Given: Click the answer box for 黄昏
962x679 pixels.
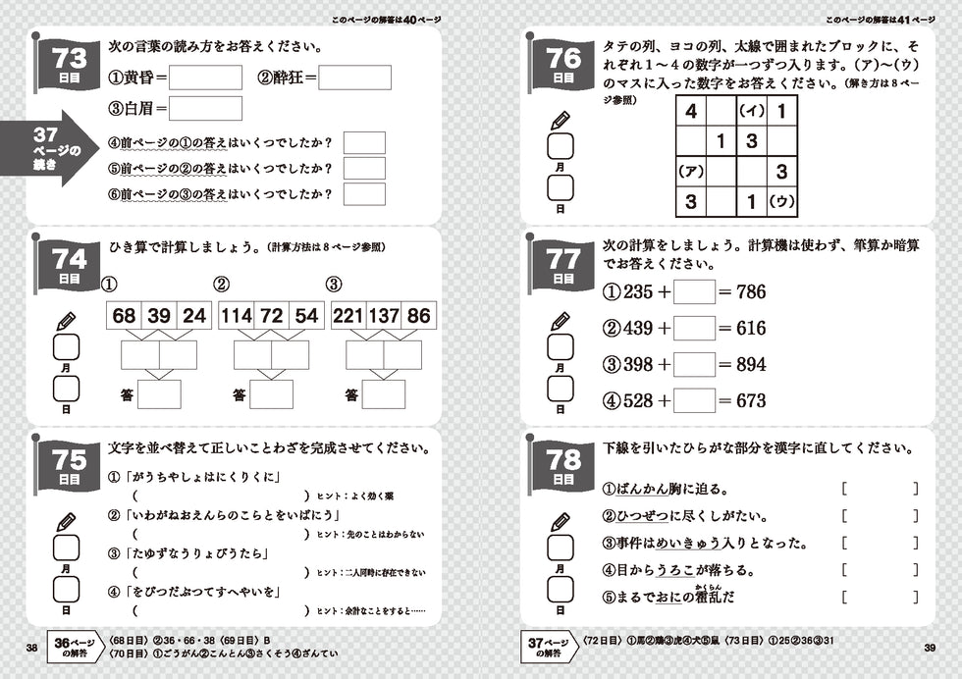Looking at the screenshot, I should click(205, 77).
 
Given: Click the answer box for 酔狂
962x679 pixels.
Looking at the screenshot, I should click(354, 77).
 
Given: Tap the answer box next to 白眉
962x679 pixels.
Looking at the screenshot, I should click(205, 108).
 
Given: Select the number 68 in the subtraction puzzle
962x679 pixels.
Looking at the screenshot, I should click(125, 316).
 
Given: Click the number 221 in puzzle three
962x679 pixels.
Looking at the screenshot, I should click(349, 316).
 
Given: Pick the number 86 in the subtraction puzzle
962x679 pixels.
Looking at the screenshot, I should click(419, 316).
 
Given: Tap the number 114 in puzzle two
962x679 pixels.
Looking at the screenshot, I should click(237, 316).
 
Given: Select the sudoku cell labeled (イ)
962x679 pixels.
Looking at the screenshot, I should click(751, 111).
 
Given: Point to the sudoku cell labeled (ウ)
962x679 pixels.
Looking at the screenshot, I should click(781, 203).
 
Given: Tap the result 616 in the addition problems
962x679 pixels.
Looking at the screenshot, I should click(751, 328).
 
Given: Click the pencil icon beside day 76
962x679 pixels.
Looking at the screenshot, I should click(560, 122).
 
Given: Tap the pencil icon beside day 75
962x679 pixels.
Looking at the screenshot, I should click(66, 516).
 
